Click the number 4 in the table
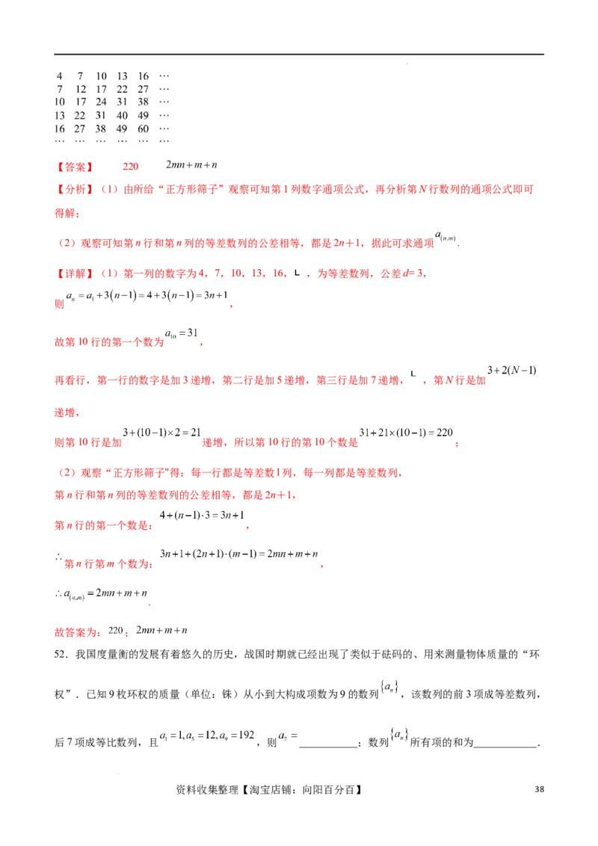click(x=60, y=76)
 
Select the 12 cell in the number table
click(x=81, y=89)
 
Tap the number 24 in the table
click(x=102, y=102)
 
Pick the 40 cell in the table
click(x=122, y=115)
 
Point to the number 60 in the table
click(x=144, y=129)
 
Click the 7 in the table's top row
click(x=80, y=76)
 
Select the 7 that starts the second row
click(x=60, y=89)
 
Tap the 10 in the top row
click(x=102, y=76)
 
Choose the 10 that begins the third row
click(x=60, y=102)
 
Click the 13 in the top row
click(x=122, y=76)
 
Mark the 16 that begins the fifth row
click(x=60, y=129)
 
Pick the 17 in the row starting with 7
click(x=102, y=89)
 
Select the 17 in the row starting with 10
click(x=81, y=102)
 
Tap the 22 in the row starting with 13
click(x=81, y=115)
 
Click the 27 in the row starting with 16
click(x=81, y=129)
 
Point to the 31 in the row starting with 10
click(x=122, y=102)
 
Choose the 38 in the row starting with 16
click(x=102, y=129)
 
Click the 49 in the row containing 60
click(x=122, y=129)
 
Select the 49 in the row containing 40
click(x=144, y=115)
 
